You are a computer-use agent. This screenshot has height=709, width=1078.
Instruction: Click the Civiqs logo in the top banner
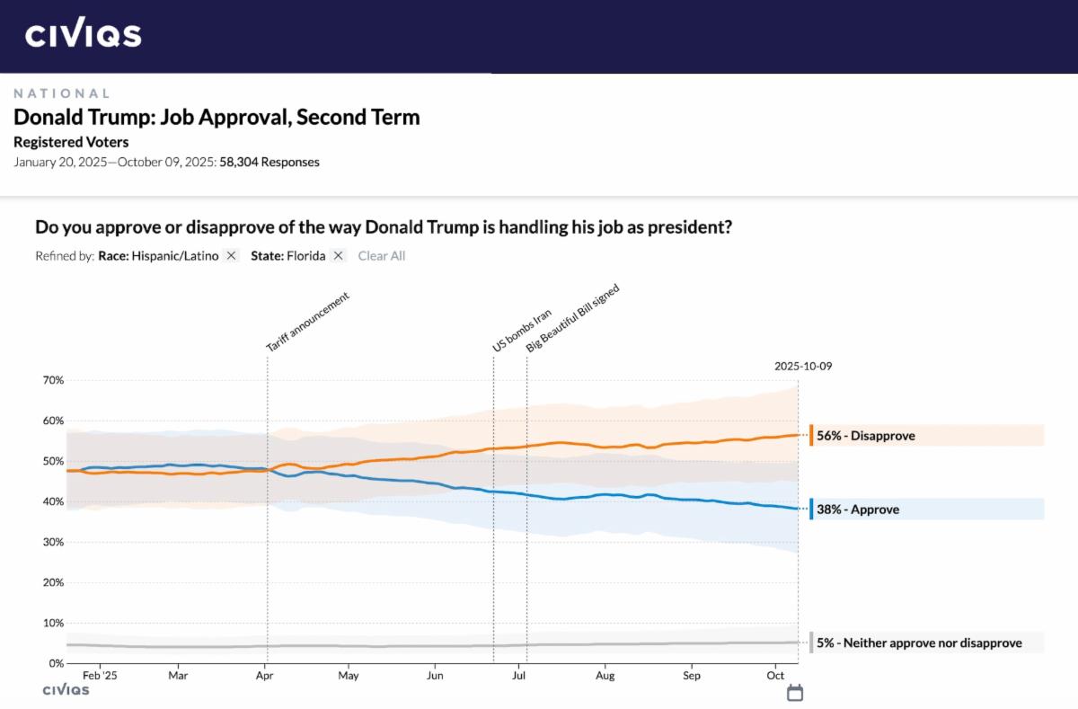83,35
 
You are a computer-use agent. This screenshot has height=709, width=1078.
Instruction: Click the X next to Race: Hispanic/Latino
231,256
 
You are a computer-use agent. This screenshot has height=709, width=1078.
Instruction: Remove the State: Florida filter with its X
338,256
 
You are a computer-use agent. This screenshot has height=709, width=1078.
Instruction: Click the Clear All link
382,256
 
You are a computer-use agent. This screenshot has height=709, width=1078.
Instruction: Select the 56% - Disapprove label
865,436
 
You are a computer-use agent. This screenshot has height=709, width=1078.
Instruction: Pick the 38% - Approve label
857,510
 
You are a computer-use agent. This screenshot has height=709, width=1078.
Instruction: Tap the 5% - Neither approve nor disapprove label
918,643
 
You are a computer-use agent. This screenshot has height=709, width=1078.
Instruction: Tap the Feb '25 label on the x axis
100,676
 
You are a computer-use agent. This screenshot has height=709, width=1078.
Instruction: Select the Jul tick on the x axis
519,676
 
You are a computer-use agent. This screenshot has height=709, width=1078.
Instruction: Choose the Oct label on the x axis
776,676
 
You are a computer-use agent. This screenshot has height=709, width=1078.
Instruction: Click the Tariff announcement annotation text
306,322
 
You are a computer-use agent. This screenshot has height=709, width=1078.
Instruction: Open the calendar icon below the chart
795,693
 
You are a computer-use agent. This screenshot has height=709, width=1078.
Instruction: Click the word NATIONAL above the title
62,93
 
